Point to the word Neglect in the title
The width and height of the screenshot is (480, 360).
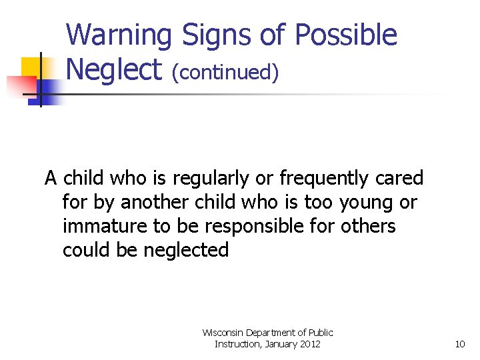pos(114,69)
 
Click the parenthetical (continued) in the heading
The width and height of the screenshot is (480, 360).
pos(225,71)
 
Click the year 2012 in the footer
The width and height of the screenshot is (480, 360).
pos(309,344)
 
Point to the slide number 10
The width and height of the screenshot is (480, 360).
pos(459,345)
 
